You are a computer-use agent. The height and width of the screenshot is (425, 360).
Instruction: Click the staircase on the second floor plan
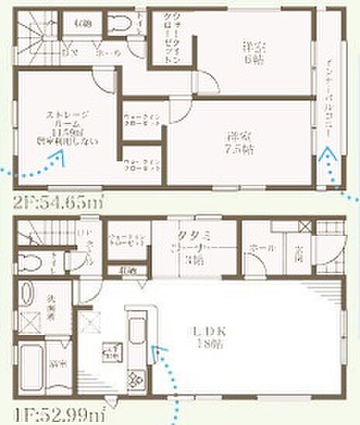[x=36, y=39]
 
